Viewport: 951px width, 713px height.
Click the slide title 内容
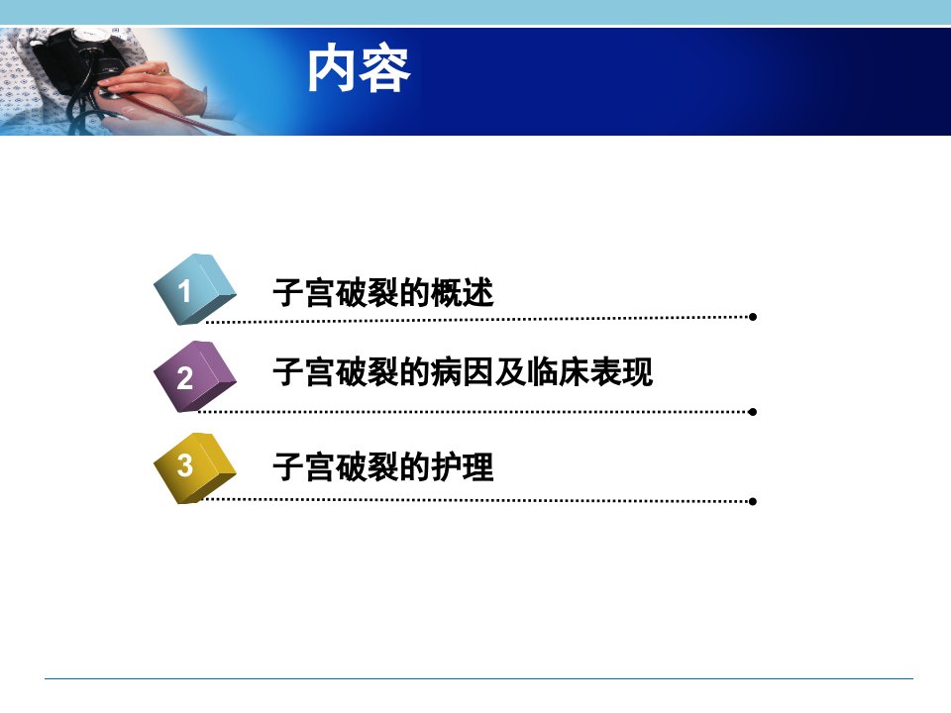(359, 69)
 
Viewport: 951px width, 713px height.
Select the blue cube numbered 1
(194, 289)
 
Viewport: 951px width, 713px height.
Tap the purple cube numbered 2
(194, 376)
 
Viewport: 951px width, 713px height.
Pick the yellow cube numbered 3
(194, 467)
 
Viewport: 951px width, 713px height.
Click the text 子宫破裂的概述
(383, 293)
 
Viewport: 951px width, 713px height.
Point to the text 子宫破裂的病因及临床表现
(463, 371)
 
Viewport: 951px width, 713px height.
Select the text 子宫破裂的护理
(383, 466)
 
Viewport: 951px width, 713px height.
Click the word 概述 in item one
(463, 293)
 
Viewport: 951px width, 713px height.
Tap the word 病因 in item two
(463, 371)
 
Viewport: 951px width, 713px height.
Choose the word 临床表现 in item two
(589, 371)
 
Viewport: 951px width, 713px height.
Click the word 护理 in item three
(463, 466)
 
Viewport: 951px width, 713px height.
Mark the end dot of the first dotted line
(753, 317)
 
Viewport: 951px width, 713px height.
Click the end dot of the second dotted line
(753, 412)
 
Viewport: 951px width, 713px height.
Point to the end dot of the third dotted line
(753, 501)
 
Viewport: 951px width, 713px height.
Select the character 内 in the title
(331, 69)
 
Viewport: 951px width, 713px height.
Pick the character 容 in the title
(385, 69)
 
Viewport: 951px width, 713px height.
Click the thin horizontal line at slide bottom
(478, 678)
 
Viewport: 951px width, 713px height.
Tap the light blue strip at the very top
(475, 12)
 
